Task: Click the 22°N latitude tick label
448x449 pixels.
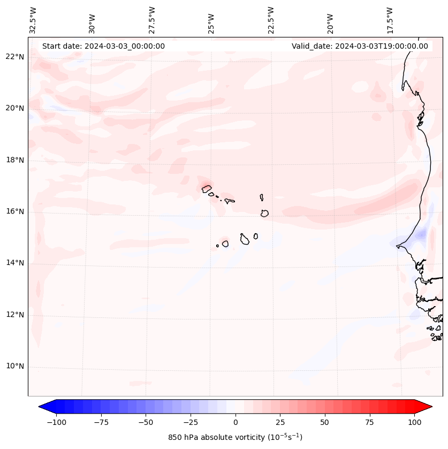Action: (x=15, y=57)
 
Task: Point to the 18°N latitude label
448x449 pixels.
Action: (x=15, y=160)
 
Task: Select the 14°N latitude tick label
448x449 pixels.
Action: (x=15, y=263)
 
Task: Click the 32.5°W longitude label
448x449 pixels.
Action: (x=34, y=20)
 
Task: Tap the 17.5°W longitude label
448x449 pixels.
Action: (x=390, y=20)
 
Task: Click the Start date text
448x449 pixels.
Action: (x=103, y=46)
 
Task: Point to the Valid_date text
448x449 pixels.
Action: (x=360, y=46)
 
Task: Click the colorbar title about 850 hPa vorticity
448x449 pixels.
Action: (x=235, y=437)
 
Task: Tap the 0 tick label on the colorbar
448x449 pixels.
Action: (x=236, y=422)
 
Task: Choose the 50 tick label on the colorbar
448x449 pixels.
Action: (x=325, y=422)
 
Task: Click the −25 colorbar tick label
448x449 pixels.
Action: (x=191, y=422)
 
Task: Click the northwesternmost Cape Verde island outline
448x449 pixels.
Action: (x=207, y=188)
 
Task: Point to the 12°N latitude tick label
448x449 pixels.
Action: (x=15, y=315)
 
